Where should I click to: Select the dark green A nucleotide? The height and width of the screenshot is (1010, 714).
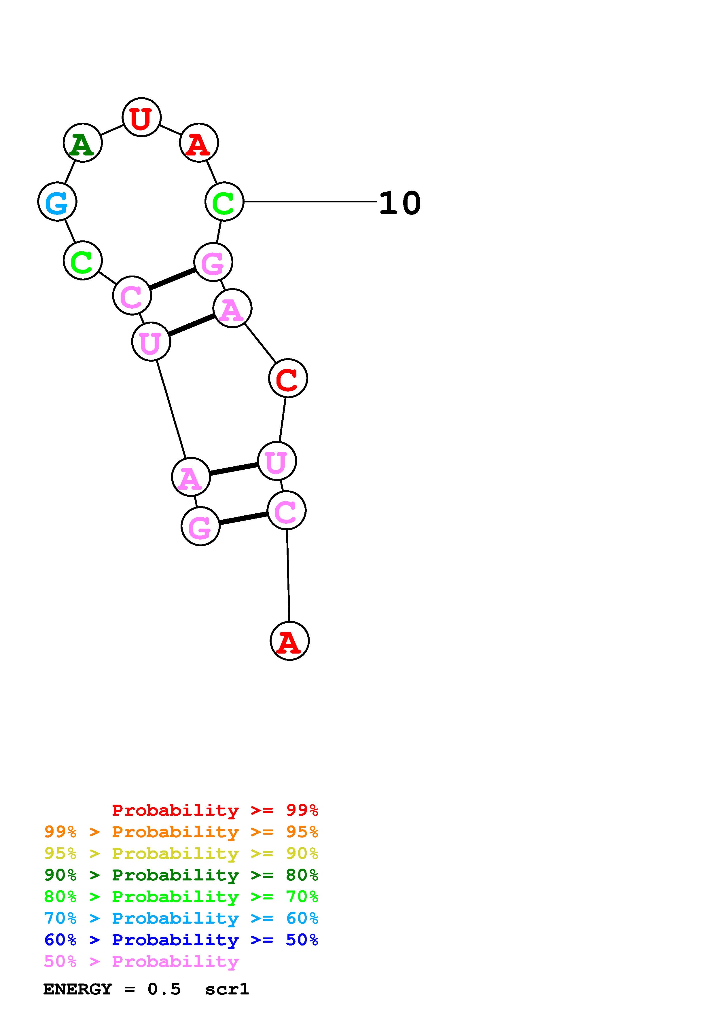(x=83, y=143)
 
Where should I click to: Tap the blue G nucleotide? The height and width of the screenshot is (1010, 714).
(x=57, y=202)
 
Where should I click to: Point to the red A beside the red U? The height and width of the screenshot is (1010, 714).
(x=199, y=143)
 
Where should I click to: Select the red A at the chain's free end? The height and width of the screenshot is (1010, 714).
(x=289, y=641)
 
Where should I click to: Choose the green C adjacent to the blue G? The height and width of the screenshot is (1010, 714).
(x=83, y=261)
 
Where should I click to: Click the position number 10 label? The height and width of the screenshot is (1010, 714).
(x=399, y=203)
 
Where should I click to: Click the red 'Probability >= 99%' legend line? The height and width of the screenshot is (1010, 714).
(x=215, y=810)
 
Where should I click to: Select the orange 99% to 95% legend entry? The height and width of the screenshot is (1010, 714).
(x=181, y=832)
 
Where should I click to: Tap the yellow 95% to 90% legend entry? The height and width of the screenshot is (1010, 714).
(x=181, y=853)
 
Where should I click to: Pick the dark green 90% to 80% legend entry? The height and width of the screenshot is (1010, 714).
(x=181, y=875)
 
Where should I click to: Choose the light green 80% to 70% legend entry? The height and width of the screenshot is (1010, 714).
(x=181, y=897)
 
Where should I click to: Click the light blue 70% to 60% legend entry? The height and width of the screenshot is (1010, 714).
(x=181, y=918)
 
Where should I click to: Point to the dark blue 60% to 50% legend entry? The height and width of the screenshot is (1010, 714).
(x=181, y=940)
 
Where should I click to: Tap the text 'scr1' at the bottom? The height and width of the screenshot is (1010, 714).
(x=227, y=989)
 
